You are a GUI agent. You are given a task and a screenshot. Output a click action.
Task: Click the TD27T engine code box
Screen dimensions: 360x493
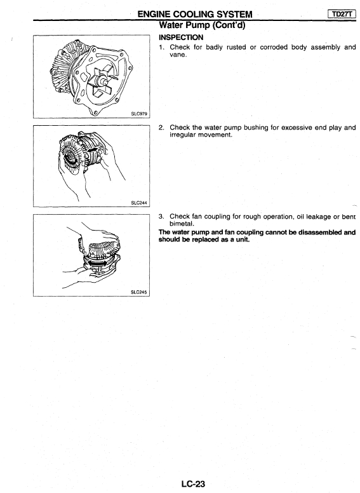[342, 13]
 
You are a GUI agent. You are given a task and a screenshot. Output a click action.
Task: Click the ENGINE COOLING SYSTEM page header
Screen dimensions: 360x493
[195, 14]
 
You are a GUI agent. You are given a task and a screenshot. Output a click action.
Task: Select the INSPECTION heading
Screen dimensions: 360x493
[181, 37]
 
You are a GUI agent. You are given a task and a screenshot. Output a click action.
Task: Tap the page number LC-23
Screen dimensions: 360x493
[193, 484]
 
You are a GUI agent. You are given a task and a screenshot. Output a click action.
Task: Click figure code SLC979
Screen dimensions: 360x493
[139, 114]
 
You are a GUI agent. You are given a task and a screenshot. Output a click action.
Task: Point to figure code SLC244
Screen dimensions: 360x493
[139, 203]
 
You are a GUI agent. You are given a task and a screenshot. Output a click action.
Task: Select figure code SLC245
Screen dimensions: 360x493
[139, 292]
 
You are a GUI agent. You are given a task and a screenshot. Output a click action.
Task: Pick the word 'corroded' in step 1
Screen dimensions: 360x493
[274, 47]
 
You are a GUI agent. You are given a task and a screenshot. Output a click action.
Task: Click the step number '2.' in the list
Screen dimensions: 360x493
[161, 128]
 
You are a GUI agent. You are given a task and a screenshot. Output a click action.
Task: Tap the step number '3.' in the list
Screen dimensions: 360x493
[161, 217]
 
